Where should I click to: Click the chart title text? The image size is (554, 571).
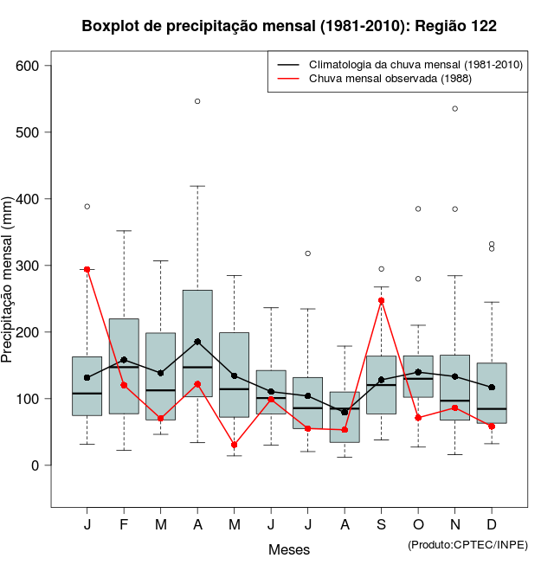tap(289, 26)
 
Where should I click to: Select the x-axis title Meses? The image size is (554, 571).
tap(289, 549)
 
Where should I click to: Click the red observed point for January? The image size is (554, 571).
tap(87, 269)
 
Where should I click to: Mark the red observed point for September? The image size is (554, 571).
tap(381, 300)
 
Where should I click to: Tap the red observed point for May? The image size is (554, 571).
tap(235, 445)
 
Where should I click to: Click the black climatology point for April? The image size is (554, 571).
tap(197, 342)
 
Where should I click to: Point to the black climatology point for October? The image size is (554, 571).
tap(418, 372)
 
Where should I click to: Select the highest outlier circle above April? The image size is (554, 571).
tap(197, 101)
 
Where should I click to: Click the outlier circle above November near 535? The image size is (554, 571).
tap(455, 108)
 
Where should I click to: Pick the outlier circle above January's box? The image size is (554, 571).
tap(87, 206)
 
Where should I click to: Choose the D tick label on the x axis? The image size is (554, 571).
tap(492, 525)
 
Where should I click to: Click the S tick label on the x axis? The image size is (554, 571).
tap(381, 525)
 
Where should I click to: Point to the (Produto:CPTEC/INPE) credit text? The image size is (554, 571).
tap(467, 544)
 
